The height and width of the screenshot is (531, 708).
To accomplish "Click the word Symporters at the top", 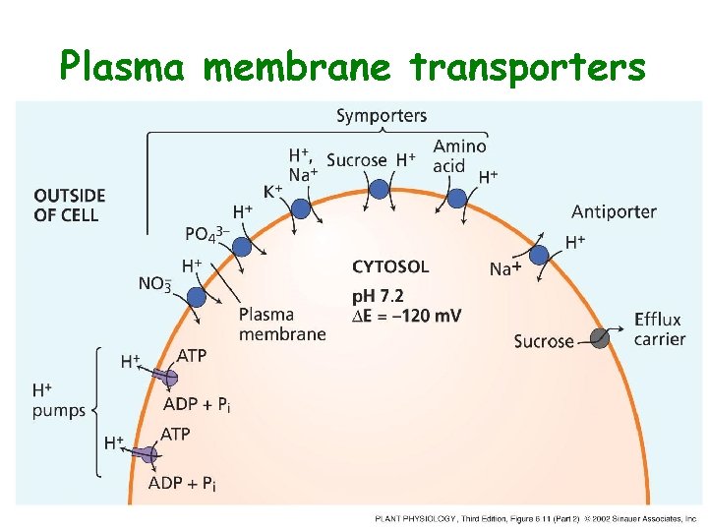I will [x=382, y=116].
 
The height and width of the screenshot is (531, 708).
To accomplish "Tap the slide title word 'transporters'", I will [x=528, y=67].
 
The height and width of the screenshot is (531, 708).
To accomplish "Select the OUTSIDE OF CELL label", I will [x=69, y=206].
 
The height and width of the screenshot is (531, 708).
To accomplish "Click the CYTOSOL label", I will [x=390, y=266].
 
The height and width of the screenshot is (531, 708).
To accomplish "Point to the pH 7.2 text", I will [x=378, y=296].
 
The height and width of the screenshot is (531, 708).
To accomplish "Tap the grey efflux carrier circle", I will [x=600, y=338].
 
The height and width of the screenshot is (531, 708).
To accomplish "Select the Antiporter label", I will [x=614, y=211].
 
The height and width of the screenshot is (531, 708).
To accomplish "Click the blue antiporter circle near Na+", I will [x=539, y=256].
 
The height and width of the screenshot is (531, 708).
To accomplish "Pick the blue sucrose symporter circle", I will [x=379, y=189].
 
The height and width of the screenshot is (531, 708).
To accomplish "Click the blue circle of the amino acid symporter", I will [x=457, y=198].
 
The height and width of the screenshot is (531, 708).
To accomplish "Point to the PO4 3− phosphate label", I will [x=207, y=234].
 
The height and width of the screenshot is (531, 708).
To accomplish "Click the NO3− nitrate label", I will [x=154, y=284].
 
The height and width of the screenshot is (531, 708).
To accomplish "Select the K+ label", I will [x=272, y=191].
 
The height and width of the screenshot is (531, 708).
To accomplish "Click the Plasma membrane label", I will [x=281, y=324].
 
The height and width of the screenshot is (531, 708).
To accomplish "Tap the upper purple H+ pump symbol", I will [x=167, y=376].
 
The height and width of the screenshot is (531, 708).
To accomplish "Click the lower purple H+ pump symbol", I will [x=147, y=453].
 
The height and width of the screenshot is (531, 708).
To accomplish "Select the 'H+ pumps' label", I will [x=58, y=401].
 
